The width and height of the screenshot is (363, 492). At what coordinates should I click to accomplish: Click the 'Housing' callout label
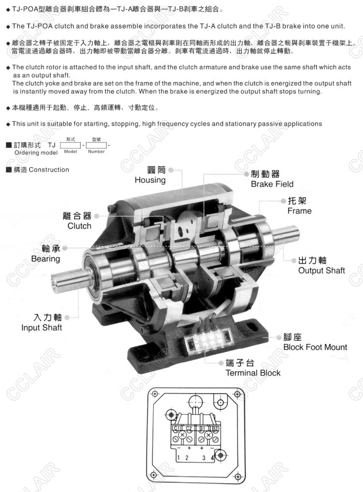point(150,180)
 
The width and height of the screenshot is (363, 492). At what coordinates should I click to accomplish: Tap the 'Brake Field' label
point(272,184)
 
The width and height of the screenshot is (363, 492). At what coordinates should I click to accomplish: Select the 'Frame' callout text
point(299,211)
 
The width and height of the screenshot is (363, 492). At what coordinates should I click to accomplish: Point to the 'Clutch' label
point(79,226)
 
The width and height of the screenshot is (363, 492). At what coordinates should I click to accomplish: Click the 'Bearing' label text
point(45,259)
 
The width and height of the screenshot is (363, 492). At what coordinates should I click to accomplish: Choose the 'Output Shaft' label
point(321,271)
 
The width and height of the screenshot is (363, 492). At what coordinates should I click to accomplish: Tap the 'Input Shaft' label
point(42,328)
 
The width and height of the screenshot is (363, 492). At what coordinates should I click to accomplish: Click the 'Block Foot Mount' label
point(315,347)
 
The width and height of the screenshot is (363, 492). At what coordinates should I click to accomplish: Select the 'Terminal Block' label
point(253,373)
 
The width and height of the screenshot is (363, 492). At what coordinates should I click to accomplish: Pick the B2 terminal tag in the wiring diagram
point(215,428)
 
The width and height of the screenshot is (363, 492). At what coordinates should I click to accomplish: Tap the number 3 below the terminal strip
point(203,458)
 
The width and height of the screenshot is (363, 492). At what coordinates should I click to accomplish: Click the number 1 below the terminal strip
point(178,458)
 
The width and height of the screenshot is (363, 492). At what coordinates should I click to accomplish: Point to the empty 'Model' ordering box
point(71,145)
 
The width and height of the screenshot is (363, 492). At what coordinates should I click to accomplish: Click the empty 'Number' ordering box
point(96,145)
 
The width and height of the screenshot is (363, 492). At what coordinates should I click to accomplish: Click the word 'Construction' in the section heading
point(49,170)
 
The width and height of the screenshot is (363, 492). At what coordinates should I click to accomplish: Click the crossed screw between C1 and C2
point(182,435)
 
